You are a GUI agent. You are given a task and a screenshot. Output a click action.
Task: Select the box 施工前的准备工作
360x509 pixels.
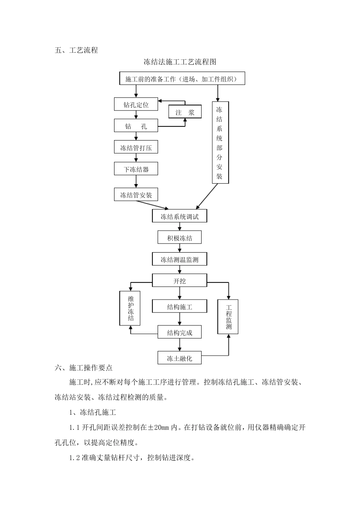(182, 79)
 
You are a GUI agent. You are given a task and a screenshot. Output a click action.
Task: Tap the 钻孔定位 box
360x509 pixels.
(136, 105)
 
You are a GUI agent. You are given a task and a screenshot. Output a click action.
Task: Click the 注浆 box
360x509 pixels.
(185, 112)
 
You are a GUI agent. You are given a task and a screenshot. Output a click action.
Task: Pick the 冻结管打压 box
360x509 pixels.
(136, 148)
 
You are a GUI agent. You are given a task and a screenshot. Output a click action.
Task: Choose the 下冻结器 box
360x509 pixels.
(136, 169)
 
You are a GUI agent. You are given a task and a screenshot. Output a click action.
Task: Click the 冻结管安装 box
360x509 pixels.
(136, 195)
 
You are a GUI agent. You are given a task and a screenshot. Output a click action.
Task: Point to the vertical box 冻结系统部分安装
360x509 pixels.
(220, 143)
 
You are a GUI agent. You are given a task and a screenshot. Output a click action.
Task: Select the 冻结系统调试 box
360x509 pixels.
(180, 217)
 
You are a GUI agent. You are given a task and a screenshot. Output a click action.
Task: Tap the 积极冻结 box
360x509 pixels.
(180, 238)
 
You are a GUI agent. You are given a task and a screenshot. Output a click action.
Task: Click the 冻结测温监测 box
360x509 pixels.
(180, 260)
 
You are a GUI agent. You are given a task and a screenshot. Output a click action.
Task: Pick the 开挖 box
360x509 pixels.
(180, 281)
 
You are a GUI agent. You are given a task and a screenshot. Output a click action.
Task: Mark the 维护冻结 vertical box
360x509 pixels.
(130, 308)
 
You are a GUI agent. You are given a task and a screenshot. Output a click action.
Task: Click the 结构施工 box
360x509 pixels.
(180, 307)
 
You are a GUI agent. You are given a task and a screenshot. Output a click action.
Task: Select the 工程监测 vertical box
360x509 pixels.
(228, 317)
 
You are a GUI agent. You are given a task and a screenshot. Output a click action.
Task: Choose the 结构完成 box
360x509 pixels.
(180, 333)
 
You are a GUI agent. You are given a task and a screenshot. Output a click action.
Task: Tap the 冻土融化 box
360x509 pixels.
(180, 358)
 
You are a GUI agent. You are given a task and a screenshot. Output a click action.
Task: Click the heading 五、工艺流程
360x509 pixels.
(76, 50)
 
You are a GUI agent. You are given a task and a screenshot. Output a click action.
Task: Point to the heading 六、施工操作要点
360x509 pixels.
(83, 367)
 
